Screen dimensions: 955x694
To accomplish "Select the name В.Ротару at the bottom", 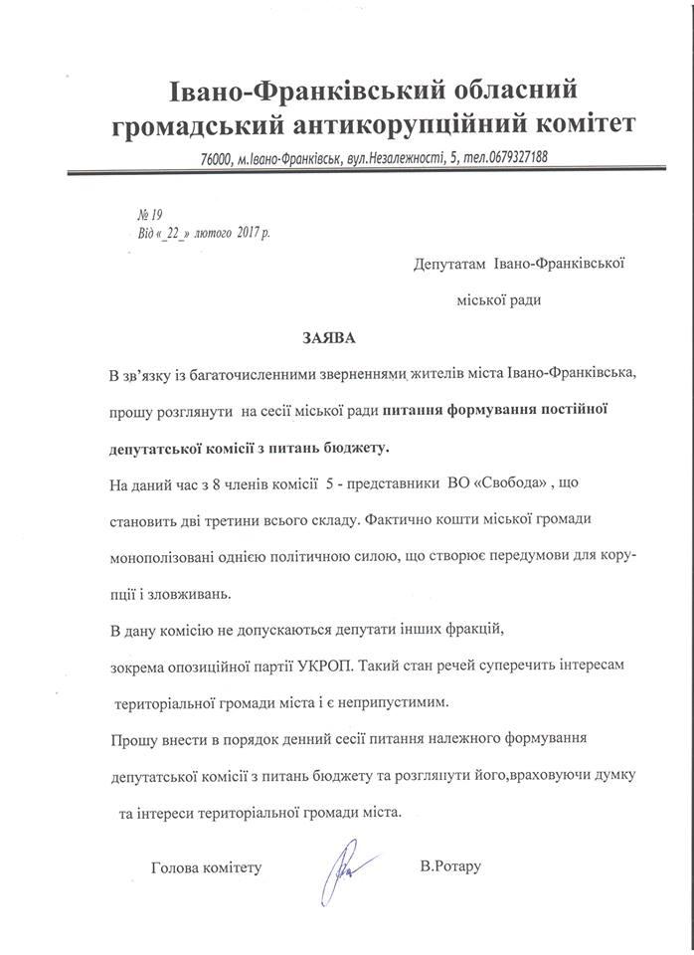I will (450, 866).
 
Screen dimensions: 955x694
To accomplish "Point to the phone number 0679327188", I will (507, 158).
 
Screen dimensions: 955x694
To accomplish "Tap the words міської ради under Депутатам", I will (498, 298).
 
